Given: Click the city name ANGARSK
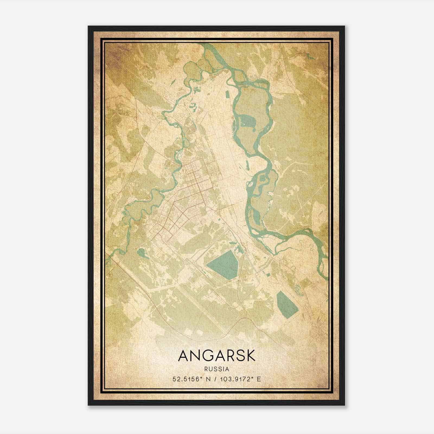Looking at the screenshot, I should pos(217,356).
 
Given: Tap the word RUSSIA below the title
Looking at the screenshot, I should pos(217,369).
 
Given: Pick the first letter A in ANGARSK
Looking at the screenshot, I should pos(183,356).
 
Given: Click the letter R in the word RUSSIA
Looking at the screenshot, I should pos(207,369).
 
